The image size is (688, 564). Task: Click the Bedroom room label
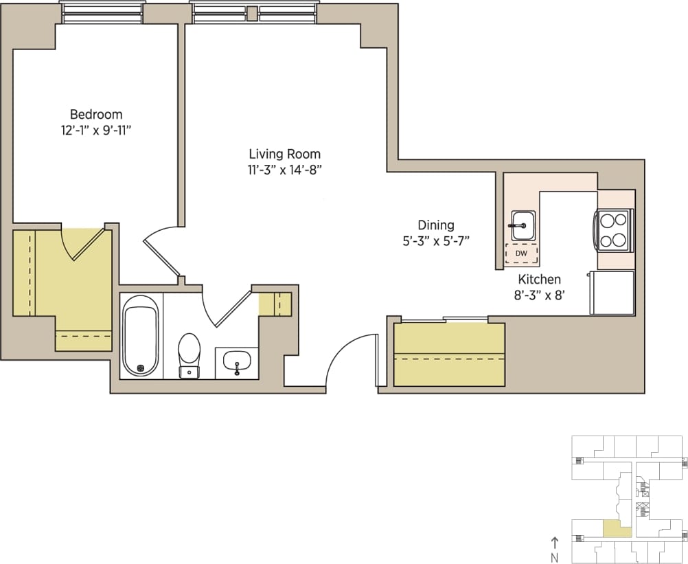pos(96,114)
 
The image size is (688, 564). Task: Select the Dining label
pos(436,225)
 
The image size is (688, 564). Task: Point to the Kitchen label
pos(539,280)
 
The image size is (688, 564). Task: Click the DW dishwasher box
pos(521,253)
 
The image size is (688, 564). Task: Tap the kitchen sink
pos(523,225)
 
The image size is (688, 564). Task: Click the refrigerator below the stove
pos(611,292)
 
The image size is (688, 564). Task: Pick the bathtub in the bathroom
pos(141,336)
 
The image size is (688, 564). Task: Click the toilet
pos(189,354)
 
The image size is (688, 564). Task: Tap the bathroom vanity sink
pos(237,361)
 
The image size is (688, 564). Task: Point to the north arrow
pos(555,543)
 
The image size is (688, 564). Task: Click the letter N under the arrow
pos(555,557)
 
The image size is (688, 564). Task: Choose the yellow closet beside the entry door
pos(449,355)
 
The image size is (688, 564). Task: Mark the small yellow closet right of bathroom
pos(275,304)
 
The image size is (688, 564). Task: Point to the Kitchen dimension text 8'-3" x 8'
pos(539,296)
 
